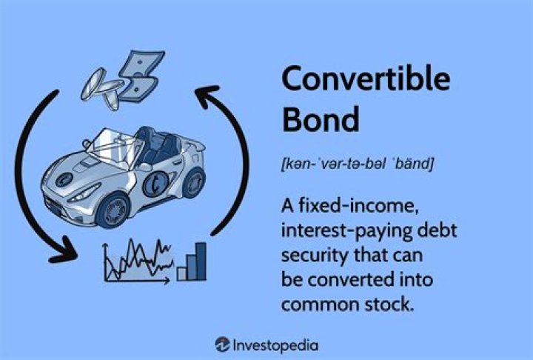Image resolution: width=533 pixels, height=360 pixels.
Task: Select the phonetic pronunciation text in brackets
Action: click(x=357, y=163)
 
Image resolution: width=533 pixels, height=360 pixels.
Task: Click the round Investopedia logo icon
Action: click(x=221, y=344)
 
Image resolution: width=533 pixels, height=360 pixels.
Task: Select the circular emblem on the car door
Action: click(x=157, y=183)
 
